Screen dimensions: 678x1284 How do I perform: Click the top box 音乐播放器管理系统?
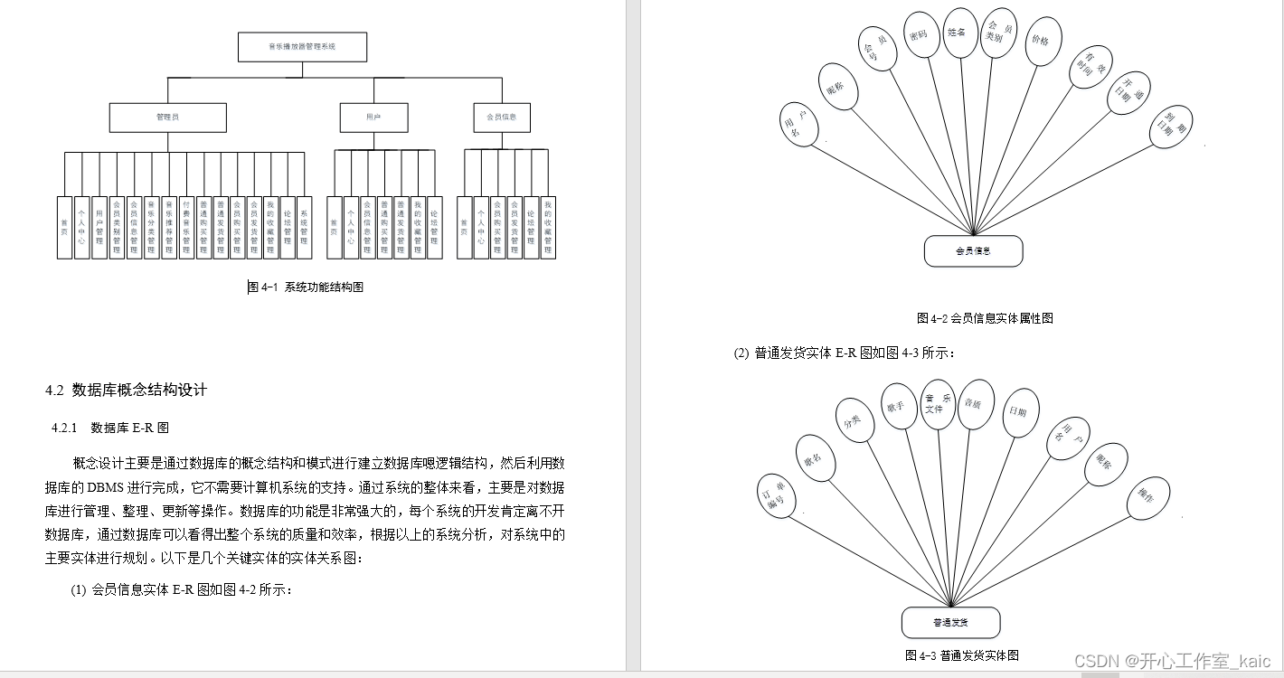coord(302,46)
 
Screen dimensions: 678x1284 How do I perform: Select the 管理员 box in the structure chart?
coord(167,118)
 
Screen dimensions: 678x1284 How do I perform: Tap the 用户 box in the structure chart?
coord(373,118)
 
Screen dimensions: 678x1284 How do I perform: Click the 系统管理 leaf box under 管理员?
coord(305,227)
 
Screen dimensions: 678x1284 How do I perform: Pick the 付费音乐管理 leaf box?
coord(185,227)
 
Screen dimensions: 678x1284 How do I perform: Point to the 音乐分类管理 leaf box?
coord(151,227)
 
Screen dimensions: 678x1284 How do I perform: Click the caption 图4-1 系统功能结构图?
coord(306,287)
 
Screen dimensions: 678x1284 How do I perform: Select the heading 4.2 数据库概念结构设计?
coord(127,391)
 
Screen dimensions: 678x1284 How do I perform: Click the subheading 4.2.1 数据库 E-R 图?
coord(110,428)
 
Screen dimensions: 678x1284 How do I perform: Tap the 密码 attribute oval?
coord(921,35)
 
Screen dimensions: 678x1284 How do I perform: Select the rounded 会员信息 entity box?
coord(973,251)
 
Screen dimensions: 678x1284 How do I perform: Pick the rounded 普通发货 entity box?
coord(950,623)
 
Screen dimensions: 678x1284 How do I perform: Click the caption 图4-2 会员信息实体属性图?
coord(985,318)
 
